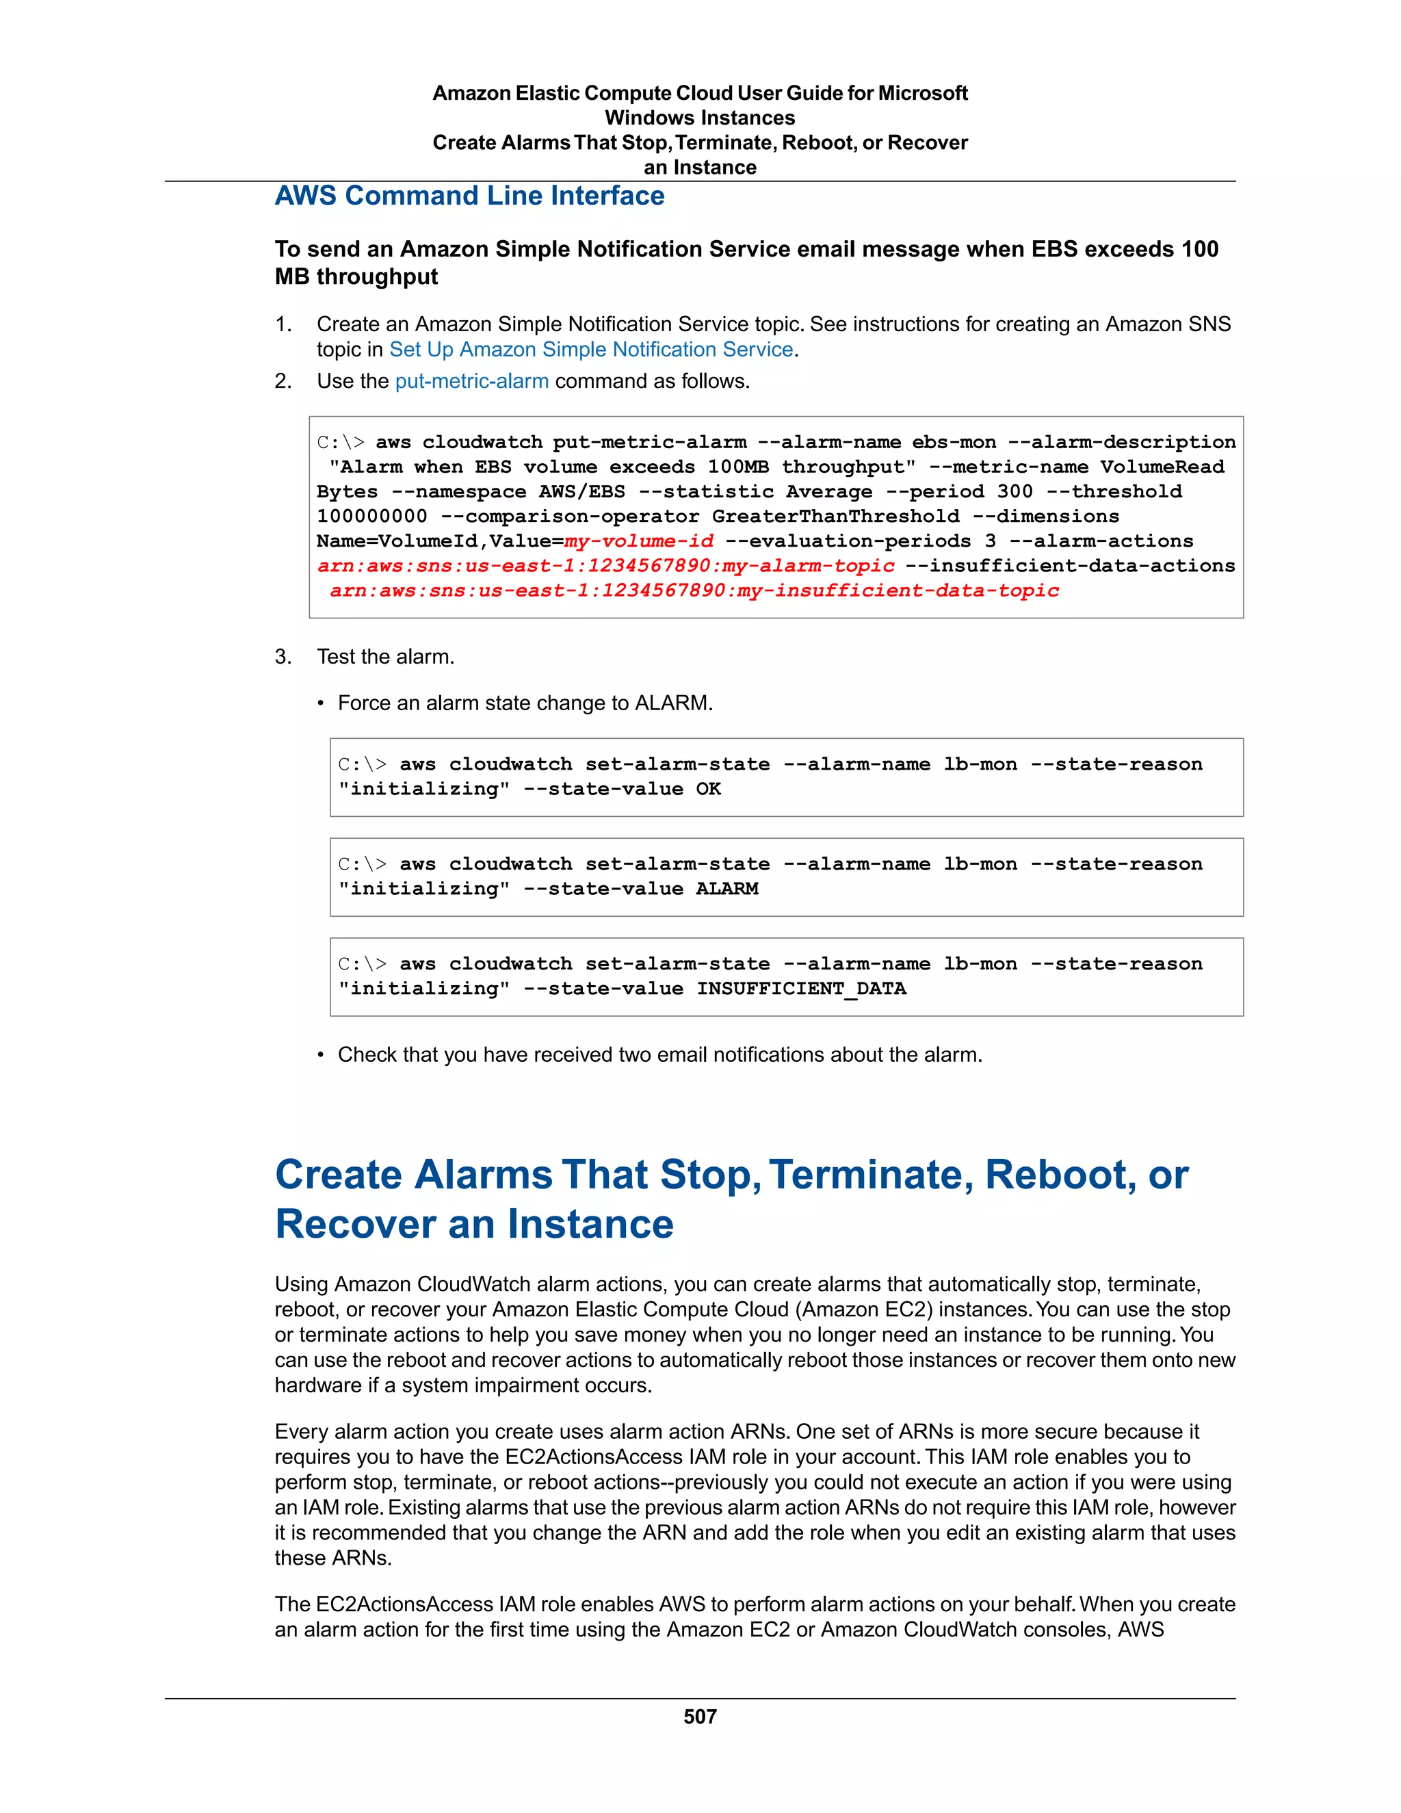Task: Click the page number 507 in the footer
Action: pos(700,1716)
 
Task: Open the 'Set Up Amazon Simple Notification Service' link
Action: pos(591,350)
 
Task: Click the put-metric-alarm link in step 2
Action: pos(471,381)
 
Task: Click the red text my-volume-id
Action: pos(638,541)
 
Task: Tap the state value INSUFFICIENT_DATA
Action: pos(801,989)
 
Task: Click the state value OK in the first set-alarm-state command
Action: pos(708,789)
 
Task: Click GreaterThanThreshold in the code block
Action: pos(835,517)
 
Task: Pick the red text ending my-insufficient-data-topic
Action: pos(694,591)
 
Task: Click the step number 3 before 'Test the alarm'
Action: pos(283,657)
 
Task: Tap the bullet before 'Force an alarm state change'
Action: pos(320,704)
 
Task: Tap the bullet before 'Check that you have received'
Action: pos(320,1055)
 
